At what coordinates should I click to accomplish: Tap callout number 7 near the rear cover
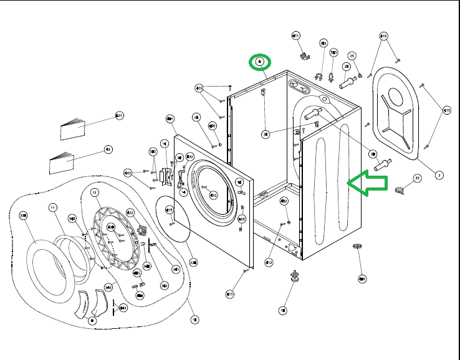pyautogui.click(x=439, y=175)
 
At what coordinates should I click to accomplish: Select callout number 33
pyautogui.click(x=417, y=178)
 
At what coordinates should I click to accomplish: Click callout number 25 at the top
pyautogui.click(x=352, y=56)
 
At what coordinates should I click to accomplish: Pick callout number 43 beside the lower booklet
pyautogui.click(x=108, y=149)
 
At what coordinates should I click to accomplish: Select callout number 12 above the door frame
pyautogui.click(x=95, y=193)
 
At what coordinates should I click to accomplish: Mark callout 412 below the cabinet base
pyautogui.click(x=269, y=262)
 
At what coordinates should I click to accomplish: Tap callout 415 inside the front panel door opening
pyautogui.click(x=213, y=195)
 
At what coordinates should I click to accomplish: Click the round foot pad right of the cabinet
pyautogui.click(x=358, y=248)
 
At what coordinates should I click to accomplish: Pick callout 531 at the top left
pyautogui.click(x=119, y=116)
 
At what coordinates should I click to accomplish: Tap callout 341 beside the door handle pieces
pyautogui.click(x=123, y=308)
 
